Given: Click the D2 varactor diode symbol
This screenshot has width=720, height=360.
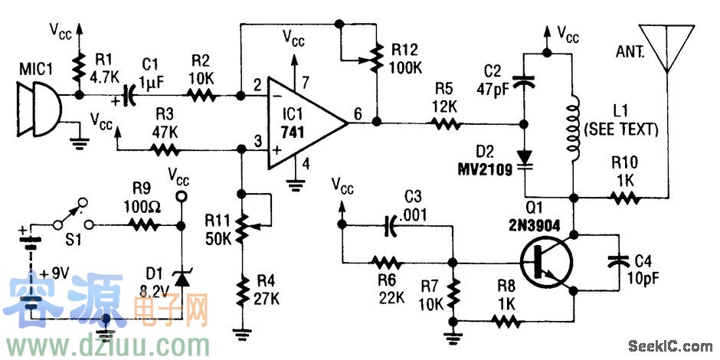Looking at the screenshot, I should coord(525,156).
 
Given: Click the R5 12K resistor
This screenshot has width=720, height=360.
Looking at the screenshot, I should coord(444,123).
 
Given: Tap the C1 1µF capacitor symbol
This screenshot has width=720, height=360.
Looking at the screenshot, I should coord(128,97).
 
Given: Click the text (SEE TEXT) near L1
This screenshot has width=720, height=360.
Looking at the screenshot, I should coord(620,130).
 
